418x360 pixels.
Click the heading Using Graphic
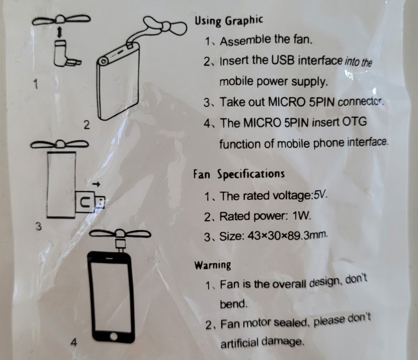[x=229, y=21]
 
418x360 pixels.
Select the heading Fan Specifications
[x=239, y=174]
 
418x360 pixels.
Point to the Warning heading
[x=212, y=265]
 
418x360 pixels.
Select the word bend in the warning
[x=233, y=304]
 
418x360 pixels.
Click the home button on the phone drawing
[x=114, y=336]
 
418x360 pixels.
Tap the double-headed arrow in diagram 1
[x=60, y=32]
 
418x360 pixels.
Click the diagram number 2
[x=87, y=125]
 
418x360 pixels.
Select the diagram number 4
[x=74, y=342]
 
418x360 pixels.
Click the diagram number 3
[x=39, y=226]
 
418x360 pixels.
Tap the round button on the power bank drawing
[x=103, y=62]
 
